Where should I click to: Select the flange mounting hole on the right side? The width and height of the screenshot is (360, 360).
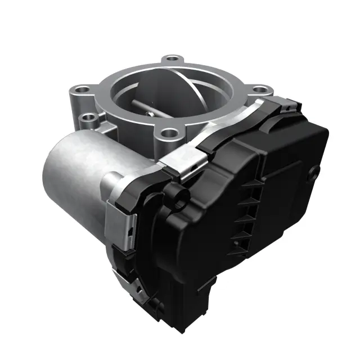(259, 89)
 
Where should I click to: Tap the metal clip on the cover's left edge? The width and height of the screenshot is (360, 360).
(118, 225)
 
